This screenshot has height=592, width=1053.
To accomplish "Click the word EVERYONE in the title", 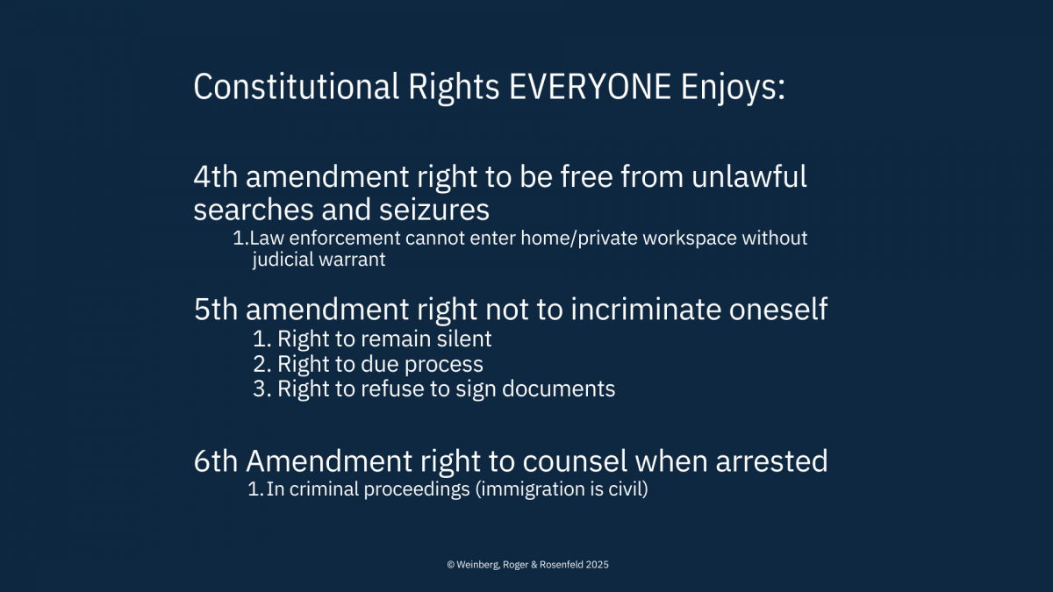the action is pos(590,87).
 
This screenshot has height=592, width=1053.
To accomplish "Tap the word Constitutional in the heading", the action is pos(297,87).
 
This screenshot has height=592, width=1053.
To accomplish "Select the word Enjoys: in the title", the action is pos(733,89).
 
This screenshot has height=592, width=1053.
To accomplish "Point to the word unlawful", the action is pos(749,176).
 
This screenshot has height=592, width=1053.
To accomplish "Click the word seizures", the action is pos(433,210).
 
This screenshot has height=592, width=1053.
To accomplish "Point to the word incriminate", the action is pos(646,309).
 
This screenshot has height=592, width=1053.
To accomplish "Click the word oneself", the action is pos(778,309).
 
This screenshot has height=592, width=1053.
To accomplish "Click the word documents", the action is pos(558,389).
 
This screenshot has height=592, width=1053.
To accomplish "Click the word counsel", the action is pos(575,461).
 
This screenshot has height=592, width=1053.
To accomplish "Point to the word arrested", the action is pos(771,461).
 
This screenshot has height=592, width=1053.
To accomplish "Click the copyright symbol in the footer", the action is pos(450,565).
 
